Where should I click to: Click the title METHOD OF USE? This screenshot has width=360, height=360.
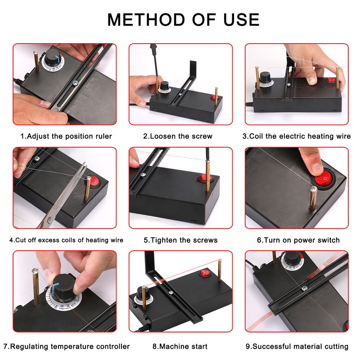tap(183, 19)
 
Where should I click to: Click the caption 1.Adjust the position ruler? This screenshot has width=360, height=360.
tap(66, 136)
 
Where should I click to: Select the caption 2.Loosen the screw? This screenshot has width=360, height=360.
tap(178, 136)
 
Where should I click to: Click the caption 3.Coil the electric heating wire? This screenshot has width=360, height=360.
tap(297, 136)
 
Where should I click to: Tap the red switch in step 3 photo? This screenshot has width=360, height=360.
tap(331, 80)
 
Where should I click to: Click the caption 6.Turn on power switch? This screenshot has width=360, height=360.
tap(298, 240)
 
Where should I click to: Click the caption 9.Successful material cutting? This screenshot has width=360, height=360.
tap(297, 346)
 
